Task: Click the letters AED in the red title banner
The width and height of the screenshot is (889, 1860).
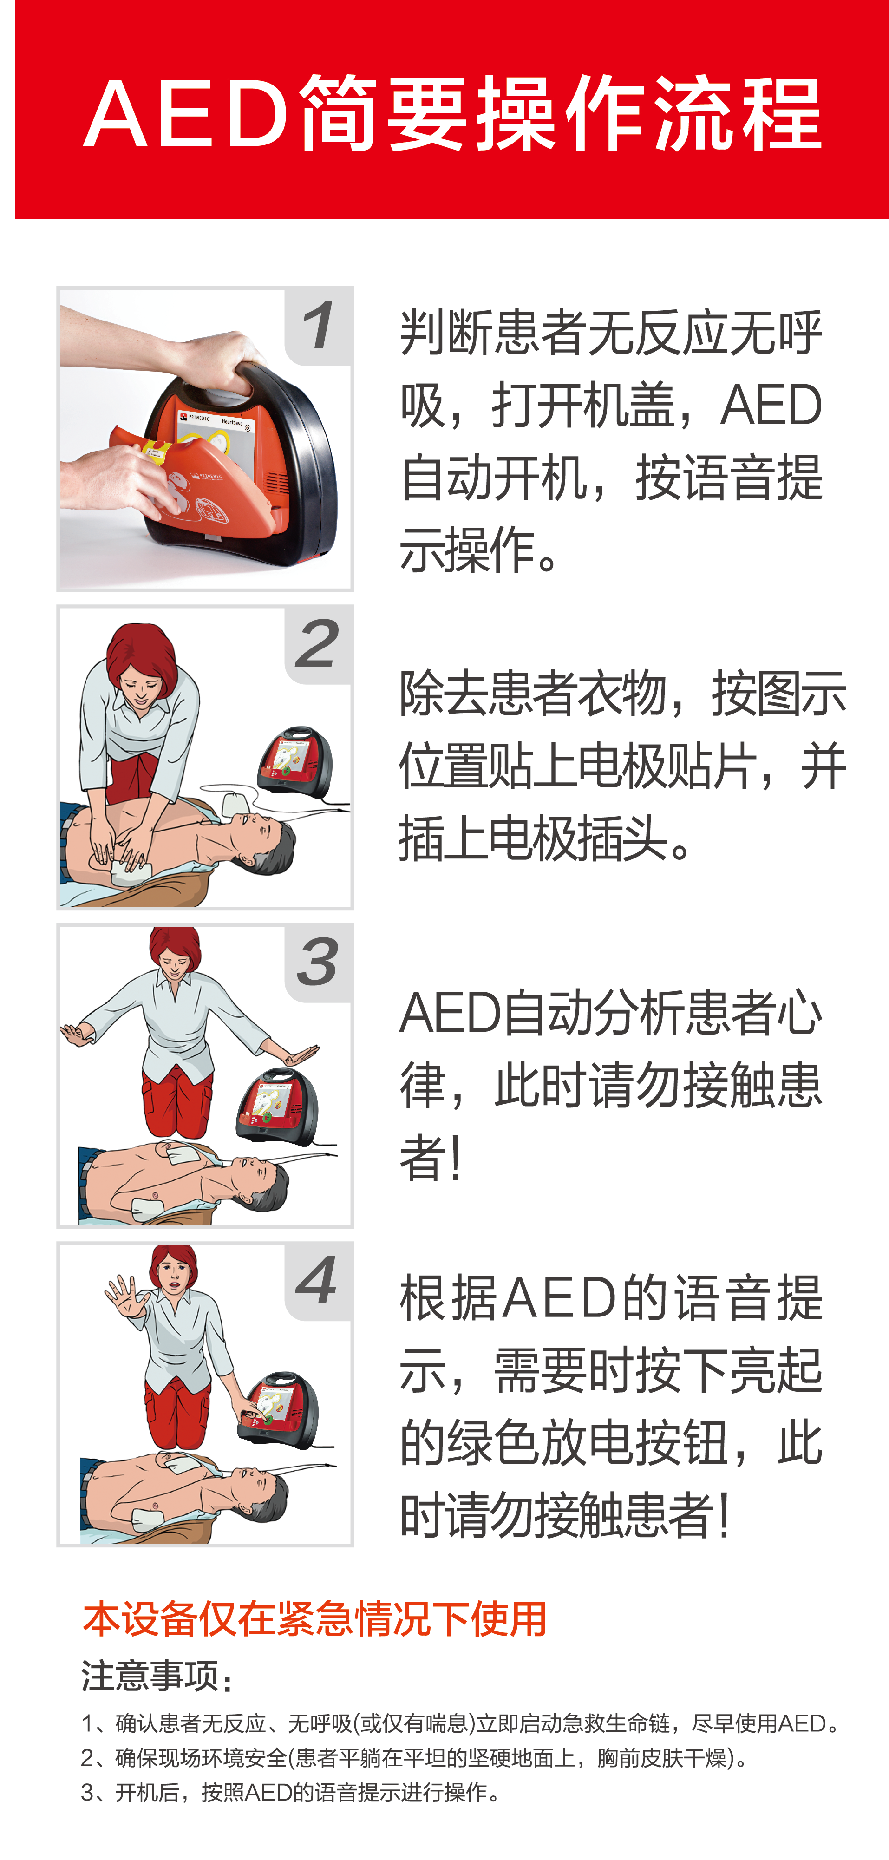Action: (186, 114)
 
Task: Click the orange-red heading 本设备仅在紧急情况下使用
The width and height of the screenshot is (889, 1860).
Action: (314, 1619)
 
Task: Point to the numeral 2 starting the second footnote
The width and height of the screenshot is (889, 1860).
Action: (87, 1757)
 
